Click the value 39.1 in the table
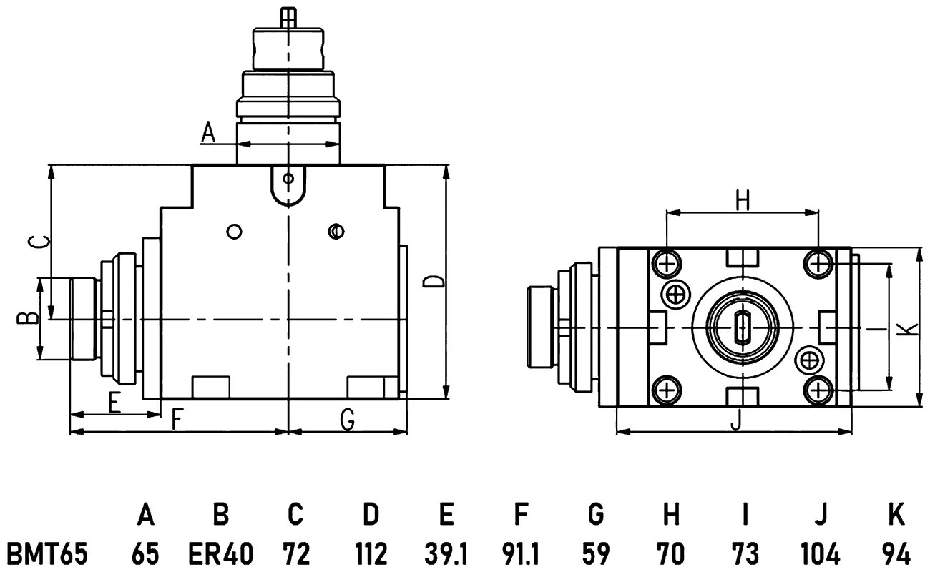tap(446, 553)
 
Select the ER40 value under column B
tap(220, 553)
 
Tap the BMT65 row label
tap(47, 553)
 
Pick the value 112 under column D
tap(371, 553)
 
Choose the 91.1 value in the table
tap(521, 553)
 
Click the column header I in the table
tap(745, 514)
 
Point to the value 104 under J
tap(820, 553)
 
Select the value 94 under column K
tap(896, 553)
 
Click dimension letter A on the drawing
tap(208, 132)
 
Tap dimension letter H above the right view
tap(743, 200)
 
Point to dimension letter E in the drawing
tap(115, 403)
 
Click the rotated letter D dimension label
tap(434, 281)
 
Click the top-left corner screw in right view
tap(667, 264)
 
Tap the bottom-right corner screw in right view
tap(818, 390)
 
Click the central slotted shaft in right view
tap(743, 327)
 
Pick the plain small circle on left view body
tap(234, 231)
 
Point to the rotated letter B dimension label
tap(27, 318)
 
